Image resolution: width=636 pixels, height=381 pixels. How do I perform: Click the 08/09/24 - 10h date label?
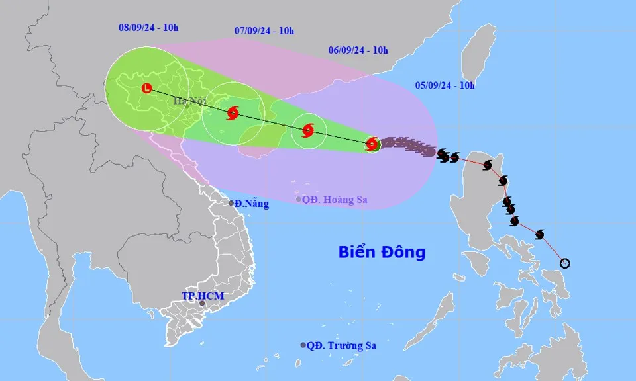coord(148,28)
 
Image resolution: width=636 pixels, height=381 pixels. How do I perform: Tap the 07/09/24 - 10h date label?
coord(264,30)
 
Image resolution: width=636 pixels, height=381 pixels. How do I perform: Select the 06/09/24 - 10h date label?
coord(358,50)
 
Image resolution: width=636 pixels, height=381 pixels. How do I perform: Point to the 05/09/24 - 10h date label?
coord(445,85)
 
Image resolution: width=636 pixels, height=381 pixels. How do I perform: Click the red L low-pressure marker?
coord(147,88)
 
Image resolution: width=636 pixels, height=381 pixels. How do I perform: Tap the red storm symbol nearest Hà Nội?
coord(233,113)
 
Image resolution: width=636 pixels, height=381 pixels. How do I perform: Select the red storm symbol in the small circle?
coord(308,130)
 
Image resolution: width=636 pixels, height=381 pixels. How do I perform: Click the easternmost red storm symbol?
coord(372,144)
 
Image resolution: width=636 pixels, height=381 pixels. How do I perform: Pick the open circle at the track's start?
coord(564,263)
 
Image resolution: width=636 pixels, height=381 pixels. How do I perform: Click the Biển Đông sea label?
coord(382,252)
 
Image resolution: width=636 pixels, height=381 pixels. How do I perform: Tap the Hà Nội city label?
coord(190,101)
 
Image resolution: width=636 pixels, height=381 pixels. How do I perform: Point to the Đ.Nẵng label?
coord(252,204)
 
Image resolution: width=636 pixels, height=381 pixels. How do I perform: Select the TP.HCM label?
coord(203,296)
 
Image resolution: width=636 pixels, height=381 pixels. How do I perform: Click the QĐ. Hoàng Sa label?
coord(335,199)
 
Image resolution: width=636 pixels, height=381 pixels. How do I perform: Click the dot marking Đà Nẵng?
coord(232,203)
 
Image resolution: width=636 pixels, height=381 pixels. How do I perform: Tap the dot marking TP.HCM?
coord(202,304)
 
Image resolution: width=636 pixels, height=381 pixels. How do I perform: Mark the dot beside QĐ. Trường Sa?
coord(303,345)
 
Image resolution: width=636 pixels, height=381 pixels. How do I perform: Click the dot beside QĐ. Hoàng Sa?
coord(299,199)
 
